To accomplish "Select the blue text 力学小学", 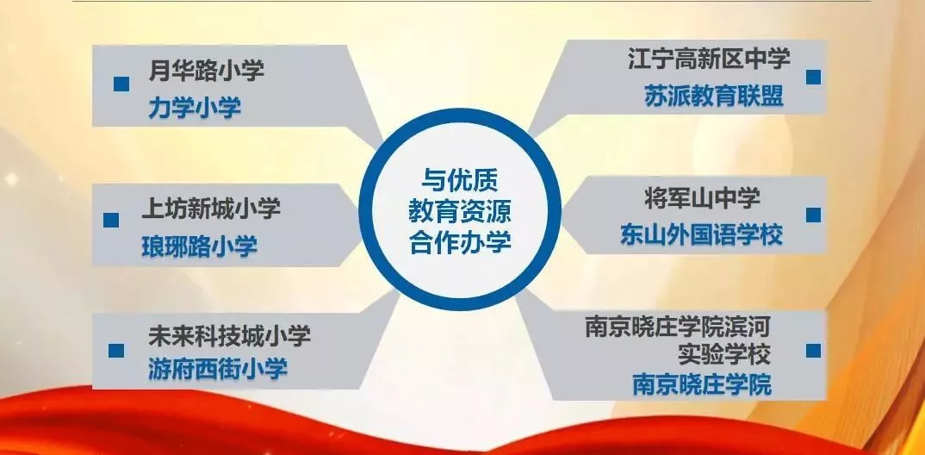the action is (195, 108).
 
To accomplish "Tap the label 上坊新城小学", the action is (211, 209).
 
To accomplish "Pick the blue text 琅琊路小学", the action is (200, 246).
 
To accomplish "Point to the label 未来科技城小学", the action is (229, 337).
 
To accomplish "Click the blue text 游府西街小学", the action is (218, 370).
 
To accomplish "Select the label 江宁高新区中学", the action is (709, 59).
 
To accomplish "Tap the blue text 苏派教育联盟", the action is (714, 97).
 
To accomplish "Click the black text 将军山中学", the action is (702, 199).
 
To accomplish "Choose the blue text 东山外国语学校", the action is (701, 235).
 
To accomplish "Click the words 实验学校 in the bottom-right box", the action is (724, 355).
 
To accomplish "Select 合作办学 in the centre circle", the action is (460, 242).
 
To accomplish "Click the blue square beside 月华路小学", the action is (121, 84).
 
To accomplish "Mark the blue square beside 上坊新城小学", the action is (111, 220).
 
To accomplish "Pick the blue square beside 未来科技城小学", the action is (116, 351).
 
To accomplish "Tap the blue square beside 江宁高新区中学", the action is (814, 77).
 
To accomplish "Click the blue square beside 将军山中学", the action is (814, 215).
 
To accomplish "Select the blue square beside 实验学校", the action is (814, 351).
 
